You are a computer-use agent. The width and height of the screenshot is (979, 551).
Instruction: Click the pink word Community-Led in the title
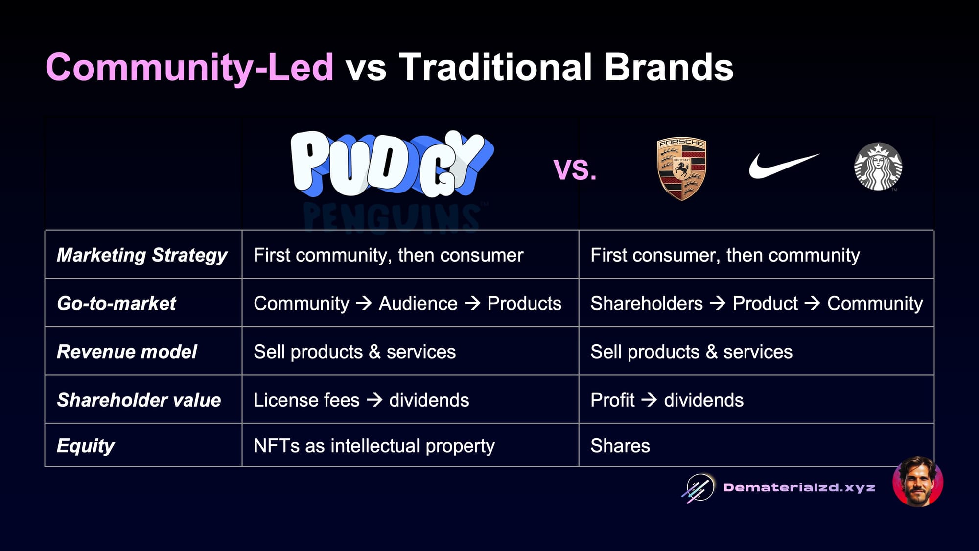point(189,67)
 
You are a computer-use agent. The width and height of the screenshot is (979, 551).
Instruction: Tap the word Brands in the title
point(669,67)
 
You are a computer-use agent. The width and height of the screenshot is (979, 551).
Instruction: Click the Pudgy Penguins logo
point(392,179)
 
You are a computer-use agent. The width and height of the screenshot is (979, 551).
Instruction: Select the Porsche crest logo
point(681,168)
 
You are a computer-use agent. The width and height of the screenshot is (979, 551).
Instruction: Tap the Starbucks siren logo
point(878,167)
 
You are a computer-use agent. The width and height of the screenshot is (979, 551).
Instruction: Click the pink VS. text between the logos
point(575,169)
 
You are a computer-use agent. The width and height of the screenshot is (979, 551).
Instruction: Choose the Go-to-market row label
point(117,303)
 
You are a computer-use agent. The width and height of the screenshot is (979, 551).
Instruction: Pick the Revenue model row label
point(127,352)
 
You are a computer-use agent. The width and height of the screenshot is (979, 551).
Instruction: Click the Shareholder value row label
point(139,400)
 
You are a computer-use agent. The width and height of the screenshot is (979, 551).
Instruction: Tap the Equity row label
point(86,446)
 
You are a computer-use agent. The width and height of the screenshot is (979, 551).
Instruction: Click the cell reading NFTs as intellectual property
point(374,446)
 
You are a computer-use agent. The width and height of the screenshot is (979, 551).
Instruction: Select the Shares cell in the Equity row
point(620,446)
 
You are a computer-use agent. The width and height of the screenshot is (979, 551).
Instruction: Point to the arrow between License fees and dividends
point(374,400)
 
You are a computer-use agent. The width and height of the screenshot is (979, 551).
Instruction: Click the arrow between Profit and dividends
point(649,400)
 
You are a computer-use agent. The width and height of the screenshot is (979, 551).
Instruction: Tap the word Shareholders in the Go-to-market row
point(647,304)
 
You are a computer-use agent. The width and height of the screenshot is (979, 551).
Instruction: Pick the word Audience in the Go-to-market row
point(418,304)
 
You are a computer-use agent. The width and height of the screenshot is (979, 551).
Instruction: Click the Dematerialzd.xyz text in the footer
point(799,488)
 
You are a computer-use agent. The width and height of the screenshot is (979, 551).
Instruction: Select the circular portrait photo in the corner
point(918,482)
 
